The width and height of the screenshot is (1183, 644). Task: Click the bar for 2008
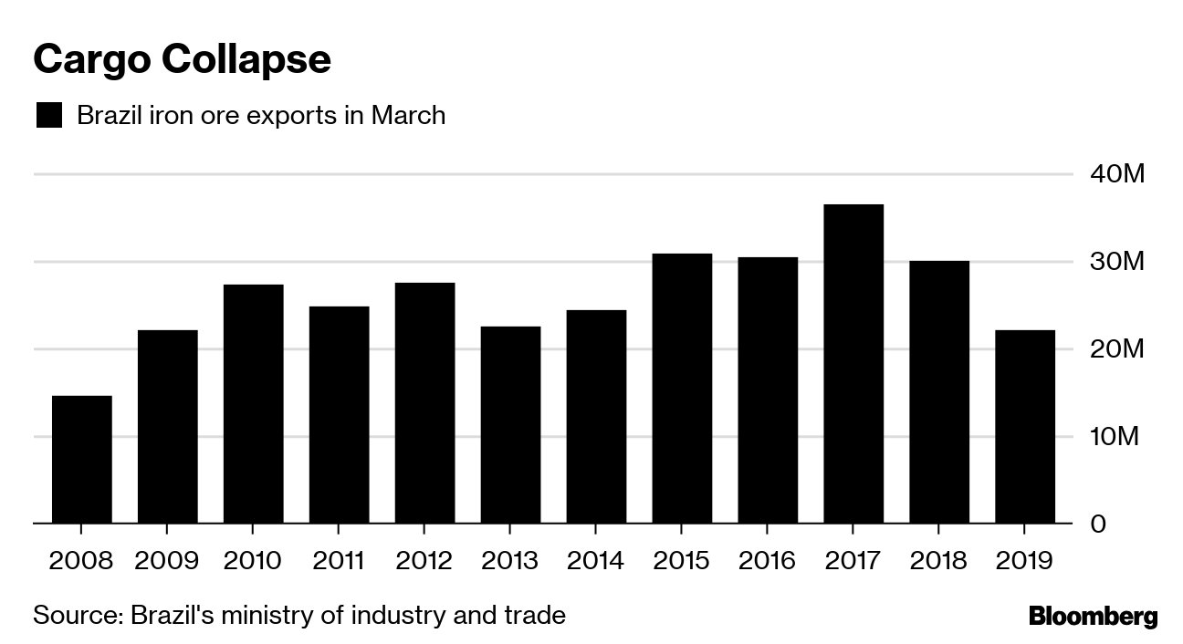point(81,460)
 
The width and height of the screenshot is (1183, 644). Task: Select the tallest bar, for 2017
point(853,364)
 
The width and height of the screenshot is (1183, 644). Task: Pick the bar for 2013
point(510,425)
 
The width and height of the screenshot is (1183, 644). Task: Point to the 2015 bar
point(682,389)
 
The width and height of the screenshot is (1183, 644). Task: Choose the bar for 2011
point(339,415)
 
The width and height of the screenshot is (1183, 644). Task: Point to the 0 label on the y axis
point(1123,525)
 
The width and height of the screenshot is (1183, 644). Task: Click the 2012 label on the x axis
point(424,559)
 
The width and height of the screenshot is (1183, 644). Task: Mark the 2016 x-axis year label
point(768,559)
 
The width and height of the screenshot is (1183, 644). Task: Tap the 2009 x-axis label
point(167,559)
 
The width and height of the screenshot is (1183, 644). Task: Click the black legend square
point(48,116)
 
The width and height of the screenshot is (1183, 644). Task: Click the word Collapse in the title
point(246,59)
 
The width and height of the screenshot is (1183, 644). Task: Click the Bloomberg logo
point(1093,617)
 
